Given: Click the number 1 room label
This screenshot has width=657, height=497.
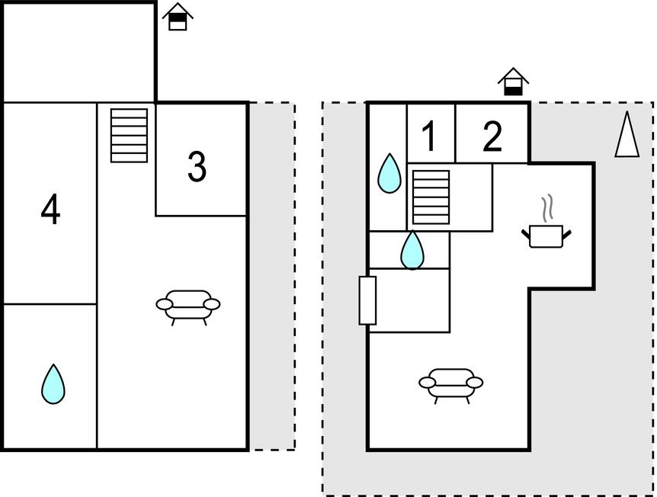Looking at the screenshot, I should tap(430, 136).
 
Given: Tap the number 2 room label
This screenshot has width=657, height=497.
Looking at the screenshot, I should tap(492, 136).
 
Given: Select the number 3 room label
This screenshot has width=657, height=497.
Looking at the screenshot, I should tap(197, 167).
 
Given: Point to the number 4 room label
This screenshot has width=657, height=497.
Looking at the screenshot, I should tap(50, 210).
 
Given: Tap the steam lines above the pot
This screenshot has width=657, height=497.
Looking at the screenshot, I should tap(546, 207).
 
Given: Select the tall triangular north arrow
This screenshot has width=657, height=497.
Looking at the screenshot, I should tap(627, 135).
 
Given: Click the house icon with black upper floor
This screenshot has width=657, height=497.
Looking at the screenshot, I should tap(178, 17).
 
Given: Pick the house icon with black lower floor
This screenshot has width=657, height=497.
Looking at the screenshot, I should tap(514, 82).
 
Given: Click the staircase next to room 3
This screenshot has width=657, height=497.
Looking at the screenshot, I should tap(129, 135).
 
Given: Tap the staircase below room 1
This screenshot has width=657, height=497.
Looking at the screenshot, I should tap(431, 197).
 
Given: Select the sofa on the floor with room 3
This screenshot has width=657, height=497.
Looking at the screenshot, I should tap(188, 305).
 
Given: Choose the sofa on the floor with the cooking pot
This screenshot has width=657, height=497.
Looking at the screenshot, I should tap(451, 383).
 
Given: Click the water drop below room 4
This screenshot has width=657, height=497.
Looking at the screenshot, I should tap(53, 384).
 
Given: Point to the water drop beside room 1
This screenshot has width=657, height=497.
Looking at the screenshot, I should tap(389, 173).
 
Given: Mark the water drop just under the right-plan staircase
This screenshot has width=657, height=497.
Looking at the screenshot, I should tap(412, 250).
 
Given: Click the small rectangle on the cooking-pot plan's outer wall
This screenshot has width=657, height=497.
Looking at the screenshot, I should tap(367, 300).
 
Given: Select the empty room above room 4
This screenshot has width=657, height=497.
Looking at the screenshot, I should tap(79, 53).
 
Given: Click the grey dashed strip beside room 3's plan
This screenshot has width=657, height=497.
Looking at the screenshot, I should tap(272, 274).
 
